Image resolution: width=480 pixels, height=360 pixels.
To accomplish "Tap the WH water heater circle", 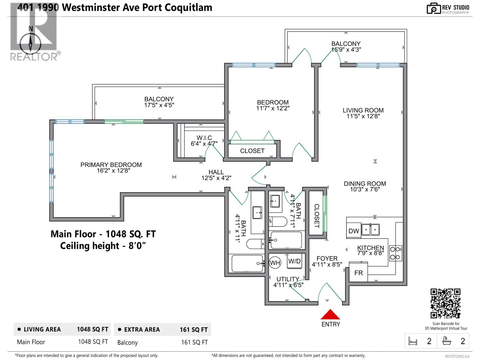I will [275, 263].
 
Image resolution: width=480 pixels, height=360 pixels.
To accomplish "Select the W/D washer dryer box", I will [294, 261].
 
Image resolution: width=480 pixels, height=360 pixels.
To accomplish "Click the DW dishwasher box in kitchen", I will [354, 231].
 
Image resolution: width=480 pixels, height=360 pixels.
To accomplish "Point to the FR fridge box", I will [358, 273].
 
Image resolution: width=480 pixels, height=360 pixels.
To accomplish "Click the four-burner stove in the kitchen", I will [395, 253].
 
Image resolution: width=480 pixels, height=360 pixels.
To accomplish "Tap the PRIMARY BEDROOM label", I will [111, 165].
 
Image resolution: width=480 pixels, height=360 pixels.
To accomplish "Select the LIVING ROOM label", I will [363, 110].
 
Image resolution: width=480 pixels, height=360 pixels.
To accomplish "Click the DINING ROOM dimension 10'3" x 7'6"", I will [365, 190].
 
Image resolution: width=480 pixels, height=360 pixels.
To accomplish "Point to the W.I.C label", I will [204, 138].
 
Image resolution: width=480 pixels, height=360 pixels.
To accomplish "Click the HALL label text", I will [216, 172].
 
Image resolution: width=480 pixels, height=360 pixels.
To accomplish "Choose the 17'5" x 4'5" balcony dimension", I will [159, 105].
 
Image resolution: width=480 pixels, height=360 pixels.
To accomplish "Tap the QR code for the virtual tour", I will [445, 303].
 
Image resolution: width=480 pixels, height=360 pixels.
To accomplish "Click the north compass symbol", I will [30, 43].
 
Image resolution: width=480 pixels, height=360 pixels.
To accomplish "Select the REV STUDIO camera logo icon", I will [433, 8].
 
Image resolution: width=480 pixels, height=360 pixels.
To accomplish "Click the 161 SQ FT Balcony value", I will [194, 342].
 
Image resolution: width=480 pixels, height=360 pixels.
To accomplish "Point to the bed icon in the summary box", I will [413, 341].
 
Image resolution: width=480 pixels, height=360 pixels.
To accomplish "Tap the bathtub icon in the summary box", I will [447, 341].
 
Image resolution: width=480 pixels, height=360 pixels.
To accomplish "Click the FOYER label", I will [327, 258].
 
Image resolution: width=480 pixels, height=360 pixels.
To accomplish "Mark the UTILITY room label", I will [288, 279].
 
